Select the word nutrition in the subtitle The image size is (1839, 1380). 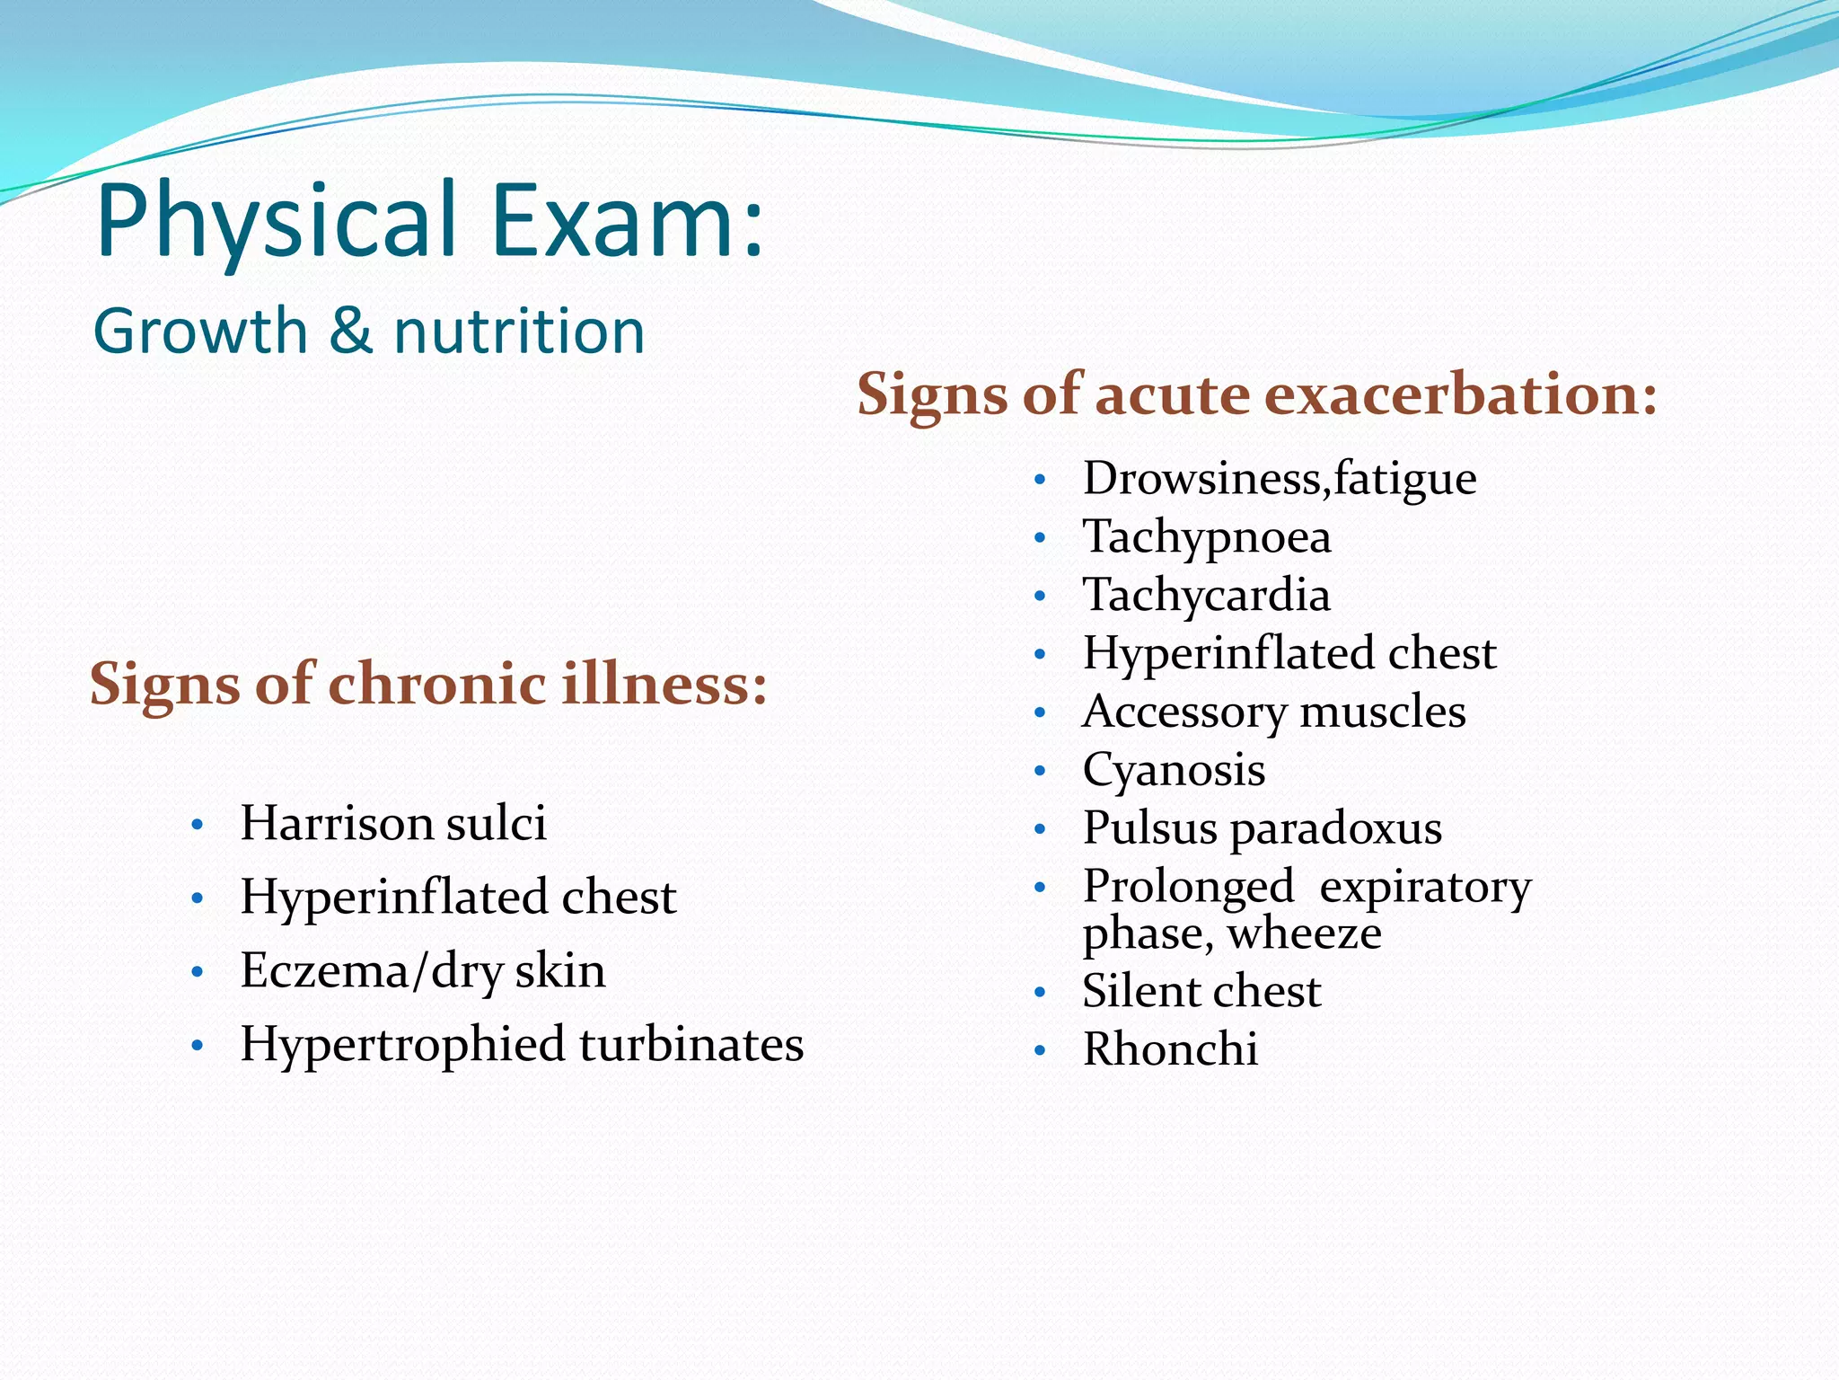tap(519, 331)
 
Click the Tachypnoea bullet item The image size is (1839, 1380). tap(1206, 536)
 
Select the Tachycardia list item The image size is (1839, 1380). tap(1206, 595)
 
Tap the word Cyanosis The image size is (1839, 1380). tap(1174, 770)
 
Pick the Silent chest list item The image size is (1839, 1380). tap(1201, 991)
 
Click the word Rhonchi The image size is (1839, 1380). tap(1170, 1048)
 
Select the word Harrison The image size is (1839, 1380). tap(335, 822)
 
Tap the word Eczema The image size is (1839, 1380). tap(324, 970)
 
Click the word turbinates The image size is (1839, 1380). tap(691, 1044)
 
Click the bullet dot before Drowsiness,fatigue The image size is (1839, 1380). tap(1040, 481)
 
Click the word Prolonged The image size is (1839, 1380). tap(1188, 887)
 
